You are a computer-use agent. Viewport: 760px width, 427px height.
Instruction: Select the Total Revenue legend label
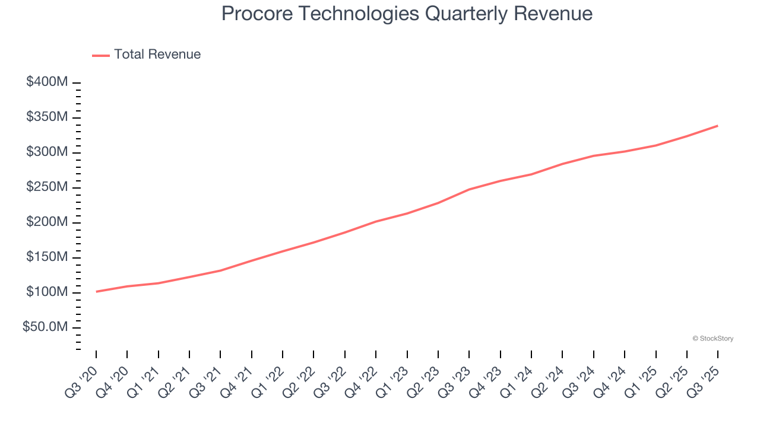coord(157,55)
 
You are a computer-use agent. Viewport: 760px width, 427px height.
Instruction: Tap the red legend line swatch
coord(101,55)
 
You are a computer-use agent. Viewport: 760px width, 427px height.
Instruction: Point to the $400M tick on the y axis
coord(47,82)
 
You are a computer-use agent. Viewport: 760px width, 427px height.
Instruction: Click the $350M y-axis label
coord(47,117)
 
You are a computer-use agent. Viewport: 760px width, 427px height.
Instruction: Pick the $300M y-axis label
coord(47,152)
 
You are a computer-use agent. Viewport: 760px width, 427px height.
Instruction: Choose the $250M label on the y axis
coord(47,187)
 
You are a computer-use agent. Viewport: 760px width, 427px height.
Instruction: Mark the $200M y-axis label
coord(47,222)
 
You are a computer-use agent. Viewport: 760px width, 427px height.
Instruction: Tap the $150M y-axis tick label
coord(47,257)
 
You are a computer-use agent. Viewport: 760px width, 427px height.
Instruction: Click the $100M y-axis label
coord(47,292)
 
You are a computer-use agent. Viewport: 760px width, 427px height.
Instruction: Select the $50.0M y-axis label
coord(45,327)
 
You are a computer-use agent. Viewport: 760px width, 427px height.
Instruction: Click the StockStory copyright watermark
coord(712,339)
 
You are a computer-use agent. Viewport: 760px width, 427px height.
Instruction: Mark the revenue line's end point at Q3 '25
coord(717,126)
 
